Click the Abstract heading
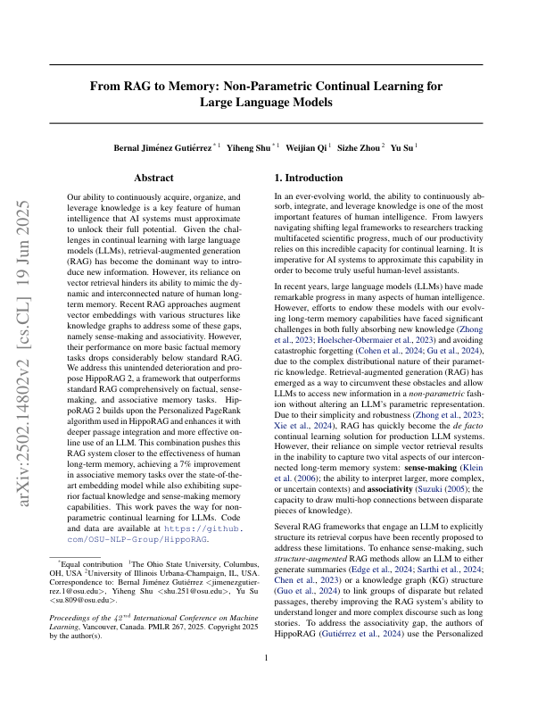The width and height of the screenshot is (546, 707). tap(152, 179)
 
